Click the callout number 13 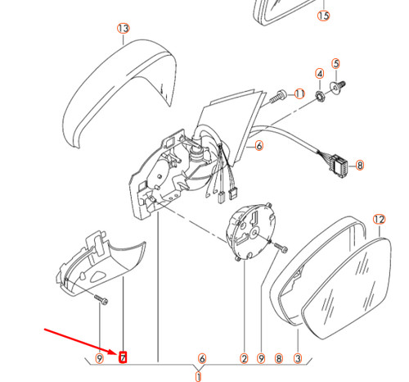123,29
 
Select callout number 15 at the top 323,16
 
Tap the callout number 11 299,94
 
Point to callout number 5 335,62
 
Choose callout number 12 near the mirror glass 378,219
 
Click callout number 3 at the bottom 298,358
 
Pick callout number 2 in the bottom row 243,358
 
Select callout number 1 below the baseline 197,377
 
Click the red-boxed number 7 124,357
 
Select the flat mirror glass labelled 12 348,287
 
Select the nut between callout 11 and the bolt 319,97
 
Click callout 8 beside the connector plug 361,164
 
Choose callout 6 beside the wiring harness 258,147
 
